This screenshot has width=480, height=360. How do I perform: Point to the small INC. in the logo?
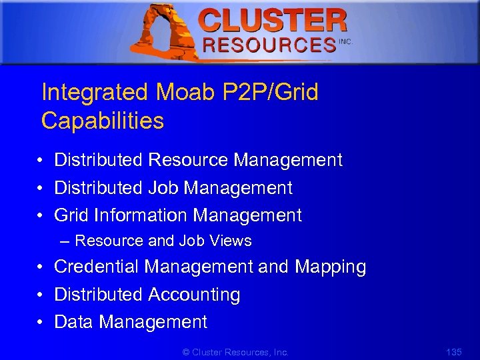(x=345, y=41)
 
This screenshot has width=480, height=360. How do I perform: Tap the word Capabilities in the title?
(x=102, y=121)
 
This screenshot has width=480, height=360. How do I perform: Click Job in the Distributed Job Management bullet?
(x=163, y=188)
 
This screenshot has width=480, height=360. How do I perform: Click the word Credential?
(x=97, y=267)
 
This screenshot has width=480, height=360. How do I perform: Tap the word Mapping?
(x=331, y=267)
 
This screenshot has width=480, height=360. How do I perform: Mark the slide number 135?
(x=453, y=352)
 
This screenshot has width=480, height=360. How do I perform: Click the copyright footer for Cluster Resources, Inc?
(x=235, y=352)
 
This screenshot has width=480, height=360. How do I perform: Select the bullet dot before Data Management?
(x=41, y=323)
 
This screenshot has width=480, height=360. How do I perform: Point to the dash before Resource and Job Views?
(x=64, y=241)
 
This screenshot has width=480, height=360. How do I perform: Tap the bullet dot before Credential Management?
(x=41, y=268)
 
